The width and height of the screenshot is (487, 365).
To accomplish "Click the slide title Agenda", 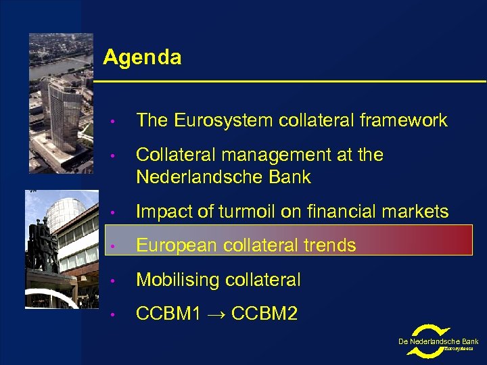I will pos(142,57).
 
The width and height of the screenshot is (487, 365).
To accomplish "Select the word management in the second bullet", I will pos(262,155).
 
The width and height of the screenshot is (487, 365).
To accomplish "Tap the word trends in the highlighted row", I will pos(329,245).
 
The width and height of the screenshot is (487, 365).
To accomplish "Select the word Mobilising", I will pos(177,279).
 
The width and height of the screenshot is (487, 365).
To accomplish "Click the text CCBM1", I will pos(168,314).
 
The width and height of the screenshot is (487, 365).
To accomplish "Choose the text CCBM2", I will pos(264,314).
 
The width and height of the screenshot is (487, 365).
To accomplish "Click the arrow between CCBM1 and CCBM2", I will pos(215,314).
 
